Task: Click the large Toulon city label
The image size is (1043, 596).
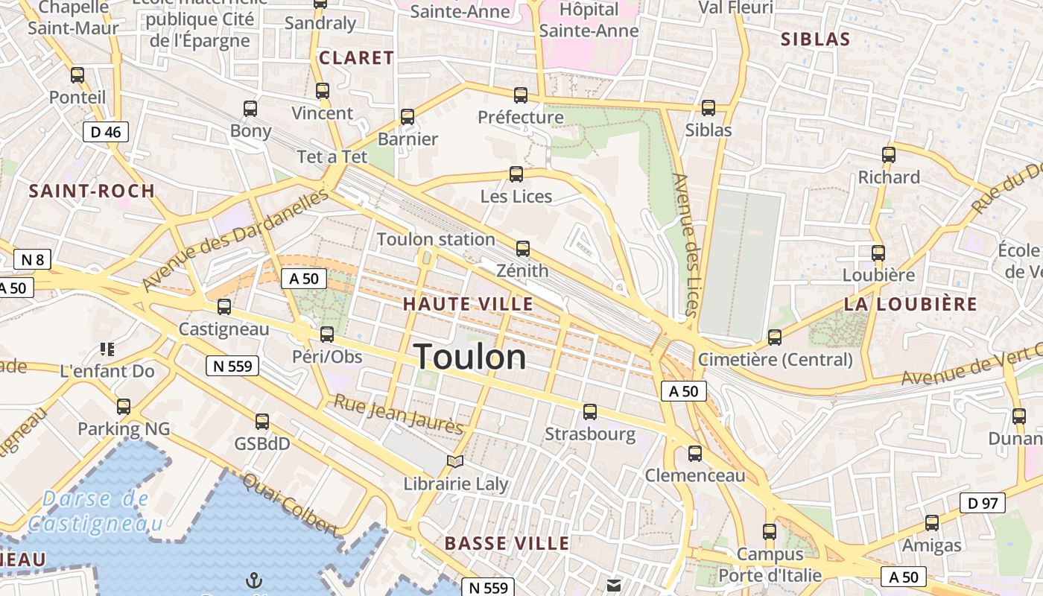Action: click(469, 358)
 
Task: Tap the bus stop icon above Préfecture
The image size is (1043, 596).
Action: click(521, 95)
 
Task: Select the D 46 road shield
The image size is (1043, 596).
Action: click(106, 133)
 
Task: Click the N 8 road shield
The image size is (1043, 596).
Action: click(32, 260)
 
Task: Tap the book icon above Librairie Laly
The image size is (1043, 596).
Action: click(455, 461)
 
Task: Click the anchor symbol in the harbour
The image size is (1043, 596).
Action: click(254, 580)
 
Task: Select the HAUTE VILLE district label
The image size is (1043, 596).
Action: click(468, 304)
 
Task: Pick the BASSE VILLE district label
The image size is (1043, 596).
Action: click(507, 544)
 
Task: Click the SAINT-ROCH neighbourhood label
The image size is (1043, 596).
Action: click(92, 191)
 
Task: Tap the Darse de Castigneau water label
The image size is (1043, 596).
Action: click(95, 511)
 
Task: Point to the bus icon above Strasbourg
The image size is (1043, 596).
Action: click(590, 411)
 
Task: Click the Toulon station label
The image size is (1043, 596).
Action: click(436, 239)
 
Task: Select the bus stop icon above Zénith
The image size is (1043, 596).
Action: click(523, 249)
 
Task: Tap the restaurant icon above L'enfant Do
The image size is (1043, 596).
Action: click(107, 349)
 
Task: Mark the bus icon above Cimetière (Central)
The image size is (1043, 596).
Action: click(775, 337)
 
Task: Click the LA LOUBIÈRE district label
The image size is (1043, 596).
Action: click(910, 304)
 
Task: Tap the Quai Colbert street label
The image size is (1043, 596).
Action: click(289, 504)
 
